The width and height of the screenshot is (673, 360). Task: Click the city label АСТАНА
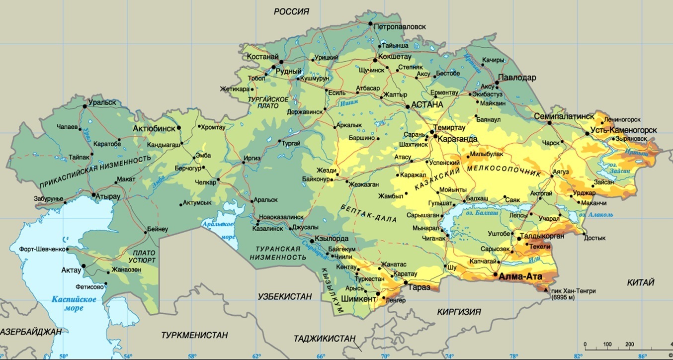tap(427, 105)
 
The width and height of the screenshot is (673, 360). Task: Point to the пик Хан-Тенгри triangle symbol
tap(547, 289)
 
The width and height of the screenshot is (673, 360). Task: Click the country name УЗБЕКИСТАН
tap(285, 297)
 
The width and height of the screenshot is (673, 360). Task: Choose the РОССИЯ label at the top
tap(292, 11)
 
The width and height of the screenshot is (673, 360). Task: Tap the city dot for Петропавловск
tap(370, 24)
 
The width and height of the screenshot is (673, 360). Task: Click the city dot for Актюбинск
tap(179, 128)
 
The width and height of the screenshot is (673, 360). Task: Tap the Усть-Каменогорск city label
tap(623, 130)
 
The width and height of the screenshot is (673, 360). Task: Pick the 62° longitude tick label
tap(256, 356)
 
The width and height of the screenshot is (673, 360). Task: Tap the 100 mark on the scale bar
tap(607, 344)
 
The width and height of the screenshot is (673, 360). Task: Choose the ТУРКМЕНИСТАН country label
tap(194, 335)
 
